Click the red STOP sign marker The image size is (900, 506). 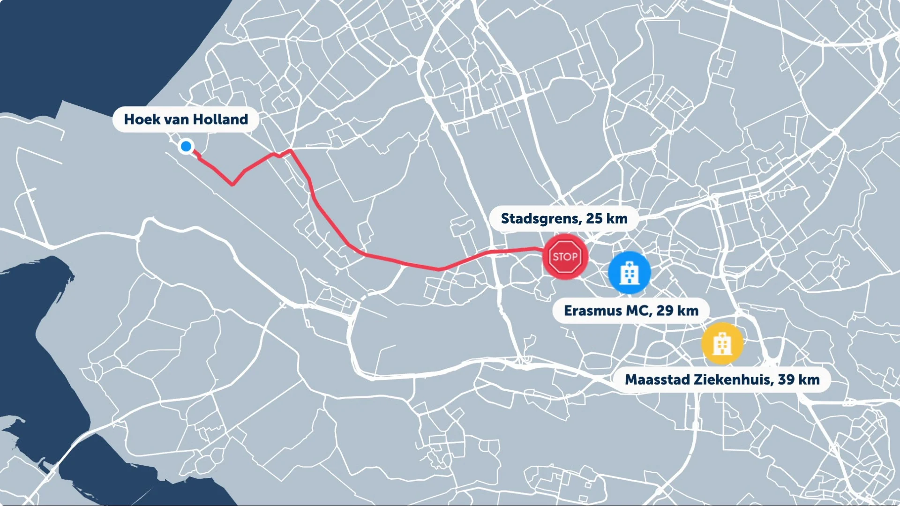(565, 257)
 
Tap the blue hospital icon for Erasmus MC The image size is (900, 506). (629, 273)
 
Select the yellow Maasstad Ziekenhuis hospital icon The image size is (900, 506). (722, 343)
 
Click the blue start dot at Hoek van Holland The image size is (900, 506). (186, 146)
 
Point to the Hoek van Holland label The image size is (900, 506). (186, 119)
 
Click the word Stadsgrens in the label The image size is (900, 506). (541, 219)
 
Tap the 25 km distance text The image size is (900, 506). (607, 219)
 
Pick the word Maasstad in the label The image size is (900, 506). (657, 379)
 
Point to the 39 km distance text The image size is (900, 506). (799, 379)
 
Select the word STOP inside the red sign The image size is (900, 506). (565, 257)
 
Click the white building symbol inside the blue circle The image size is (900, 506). (629, 274)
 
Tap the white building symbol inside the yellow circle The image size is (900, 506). (722, 344)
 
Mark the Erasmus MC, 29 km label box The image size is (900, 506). (631, 311)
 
